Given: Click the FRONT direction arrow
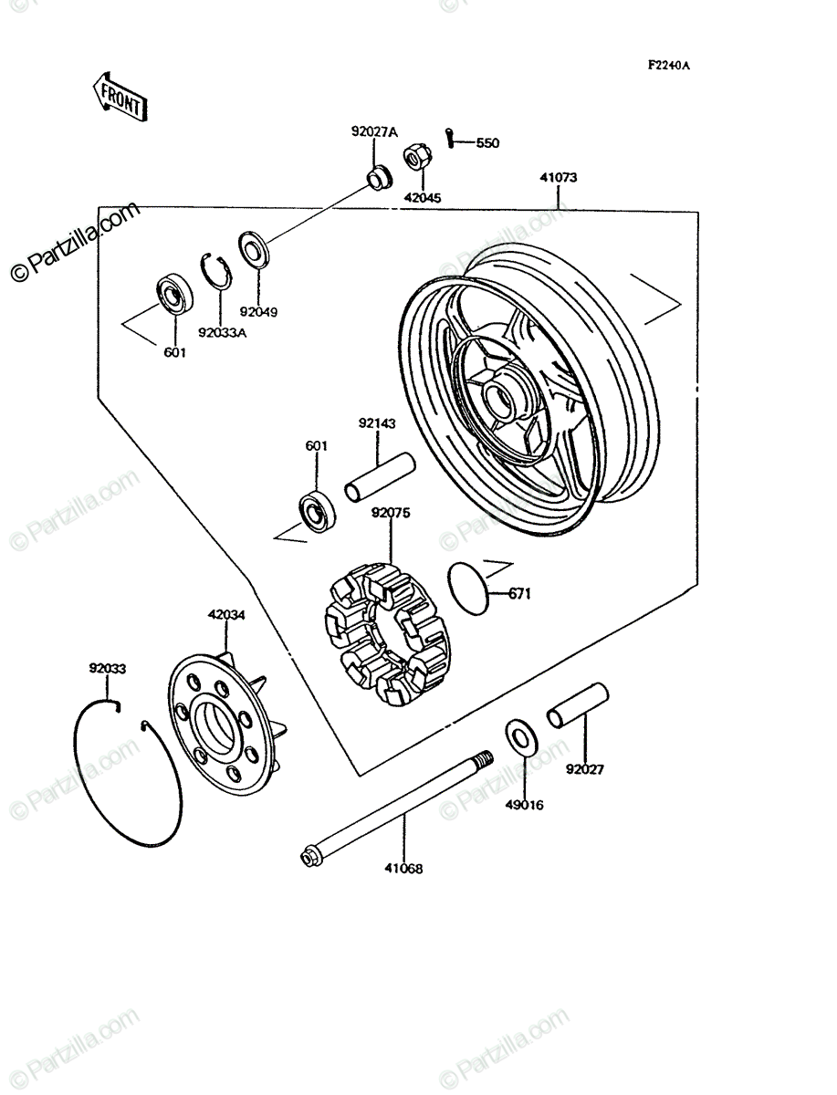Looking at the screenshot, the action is pyautogui.click(x=120, y=97).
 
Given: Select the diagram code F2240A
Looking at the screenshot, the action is pyautogui.click(x=668, y=66).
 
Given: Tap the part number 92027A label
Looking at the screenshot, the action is pyautogui.click(x=374, y=132).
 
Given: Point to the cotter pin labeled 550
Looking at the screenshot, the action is pyautogui.click(x=449, y=138).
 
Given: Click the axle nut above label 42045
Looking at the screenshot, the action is pyautogui.click(x=417, y=156).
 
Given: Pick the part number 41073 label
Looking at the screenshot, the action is pyautogui.click(x=559, y=178).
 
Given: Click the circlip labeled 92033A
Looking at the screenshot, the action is pyautogui.click(x=217, y=271).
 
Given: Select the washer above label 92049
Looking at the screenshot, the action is pyautogui.click(x=254, y=249).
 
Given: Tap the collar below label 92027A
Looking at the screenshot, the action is pyautogui.click(x=380, y=178).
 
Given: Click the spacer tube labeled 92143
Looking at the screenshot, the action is pyautogui.click(x=380, y=476).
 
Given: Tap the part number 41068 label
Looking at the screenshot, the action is pyautogui.click(x=403, y=869).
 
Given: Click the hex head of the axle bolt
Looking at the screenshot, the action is pyautogui.click(x=310, y=856).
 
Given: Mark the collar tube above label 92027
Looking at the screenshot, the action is pyautogui.click(x=578, y=705).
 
